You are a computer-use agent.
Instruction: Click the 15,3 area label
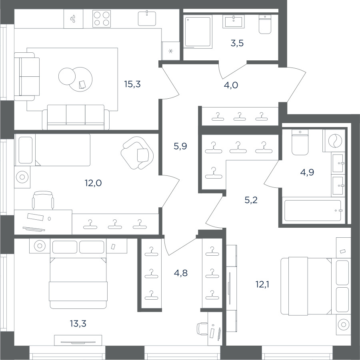click(132, 84)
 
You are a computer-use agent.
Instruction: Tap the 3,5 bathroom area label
click(237, 43)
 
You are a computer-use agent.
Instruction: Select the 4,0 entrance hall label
click(231, 85)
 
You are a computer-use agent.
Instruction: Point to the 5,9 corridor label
click(180, 146)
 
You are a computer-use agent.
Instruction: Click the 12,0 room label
click(93, 183)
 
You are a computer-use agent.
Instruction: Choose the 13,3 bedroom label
click(78, 324)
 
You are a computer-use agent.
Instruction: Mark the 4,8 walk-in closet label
click(181, 273)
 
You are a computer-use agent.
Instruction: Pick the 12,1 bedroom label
click(262, 284)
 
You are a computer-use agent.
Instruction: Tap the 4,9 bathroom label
click(307, 172)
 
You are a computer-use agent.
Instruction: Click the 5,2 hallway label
click(251, 200)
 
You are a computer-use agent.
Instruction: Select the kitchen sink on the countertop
click(147, 18)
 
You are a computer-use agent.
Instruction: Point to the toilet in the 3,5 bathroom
click(265, 24)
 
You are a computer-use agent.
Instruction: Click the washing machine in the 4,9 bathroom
click(334, 141)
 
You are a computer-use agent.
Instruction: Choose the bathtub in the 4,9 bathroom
click(313, 211)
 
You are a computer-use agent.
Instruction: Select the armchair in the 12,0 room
click(137, 153)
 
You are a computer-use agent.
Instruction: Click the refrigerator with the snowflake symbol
click(170, 51)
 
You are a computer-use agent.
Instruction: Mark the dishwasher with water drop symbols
click(73, 19)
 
